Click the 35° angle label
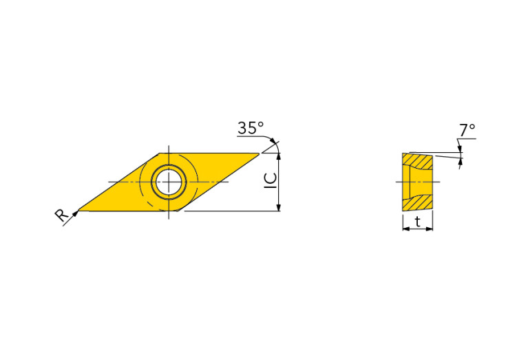pos(250,128)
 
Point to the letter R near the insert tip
pos(61,216)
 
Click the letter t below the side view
pos(418,220)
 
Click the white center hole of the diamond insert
pos(169,182)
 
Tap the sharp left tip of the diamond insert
pos(78,209)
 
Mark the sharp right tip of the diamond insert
pos(259,153)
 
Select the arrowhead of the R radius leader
pos(74,213)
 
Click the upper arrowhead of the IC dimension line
pos(278,156)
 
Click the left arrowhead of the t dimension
pos(405,229)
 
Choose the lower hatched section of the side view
pos(419,202)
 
